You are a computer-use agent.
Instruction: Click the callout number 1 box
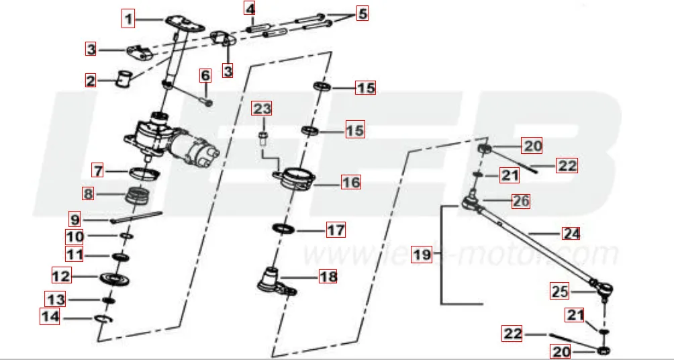[128, 18]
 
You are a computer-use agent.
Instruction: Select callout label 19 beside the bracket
[422, 255]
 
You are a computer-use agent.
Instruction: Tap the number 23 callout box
[262, 108]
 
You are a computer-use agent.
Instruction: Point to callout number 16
[351, 181]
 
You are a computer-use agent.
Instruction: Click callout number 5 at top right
[362, 13]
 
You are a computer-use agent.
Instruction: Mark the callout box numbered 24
[571, 233]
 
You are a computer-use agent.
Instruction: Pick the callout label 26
[521, 200]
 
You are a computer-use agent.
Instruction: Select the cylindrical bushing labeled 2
[123, 79]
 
